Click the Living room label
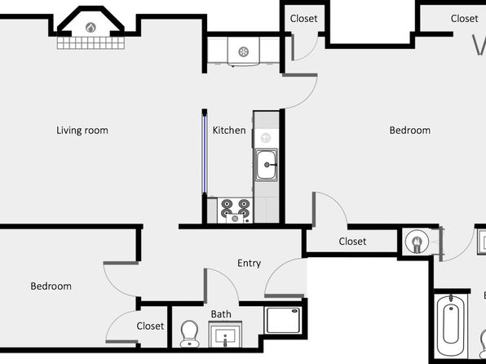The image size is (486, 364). [82, 131]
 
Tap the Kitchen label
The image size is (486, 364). [229, 131]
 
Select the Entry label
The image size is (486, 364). [249, 264]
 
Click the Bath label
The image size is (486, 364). [221, 314]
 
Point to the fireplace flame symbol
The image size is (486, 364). [91, 28]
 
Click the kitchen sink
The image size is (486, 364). [267, 165]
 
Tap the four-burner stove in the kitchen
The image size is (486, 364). [235, 211]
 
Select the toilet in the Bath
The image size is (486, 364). [189, 334]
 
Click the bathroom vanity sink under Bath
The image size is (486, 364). [225, 335]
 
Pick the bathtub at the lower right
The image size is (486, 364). [451, 325]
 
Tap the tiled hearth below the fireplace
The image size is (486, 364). [91, 43]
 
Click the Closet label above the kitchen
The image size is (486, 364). [303, 19]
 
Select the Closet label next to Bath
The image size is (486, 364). [150, 326]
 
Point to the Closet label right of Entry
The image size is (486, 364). [352, 242]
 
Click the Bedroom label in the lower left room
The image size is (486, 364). [51, 286]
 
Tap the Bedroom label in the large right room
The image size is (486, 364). [409, 131]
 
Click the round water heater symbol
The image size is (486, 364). [417, 241]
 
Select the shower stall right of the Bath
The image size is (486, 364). [283, 320]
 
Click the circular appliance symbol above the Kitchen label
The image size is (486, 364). [244, 51]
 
